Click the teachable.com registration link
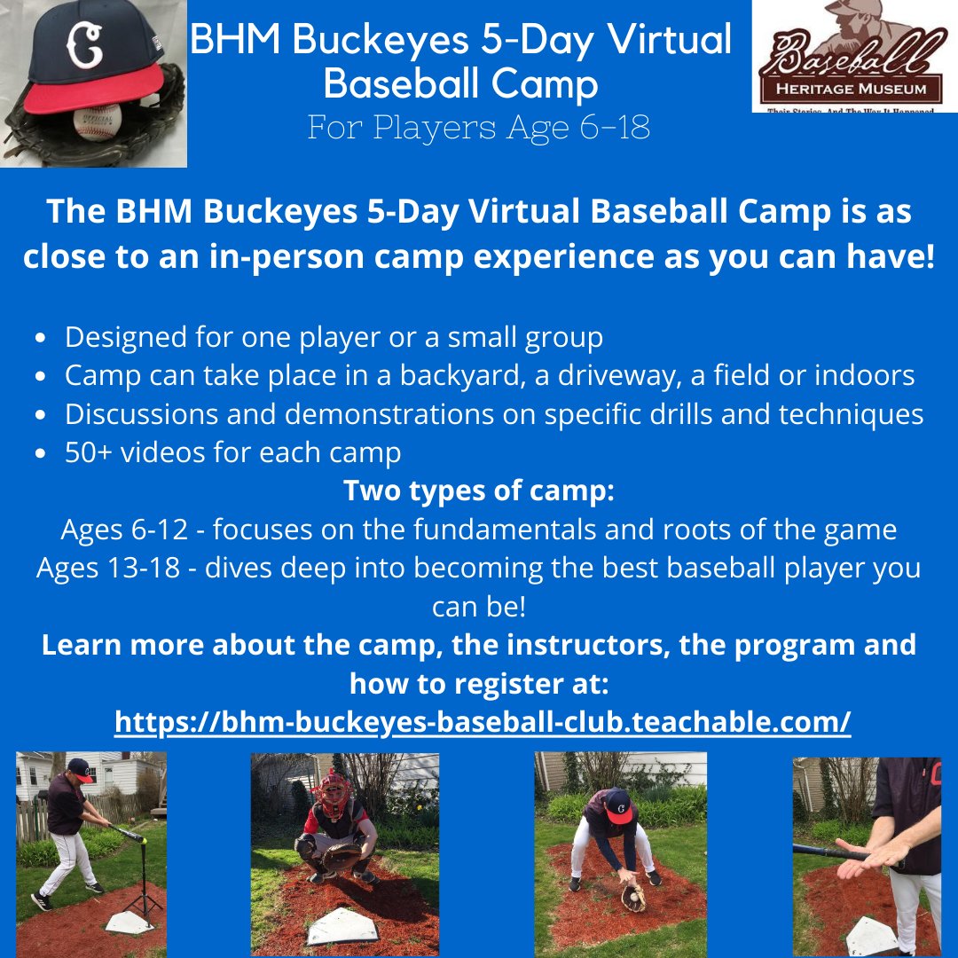pos(483,722)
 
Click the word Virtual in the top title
pos(668,40)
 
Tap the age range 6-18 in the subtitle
pos(612,127)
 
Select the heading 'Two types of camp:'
pos(478,491)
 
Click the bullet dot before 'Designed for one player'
pos(40,339)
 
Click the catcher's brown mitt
pos(342,856)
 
